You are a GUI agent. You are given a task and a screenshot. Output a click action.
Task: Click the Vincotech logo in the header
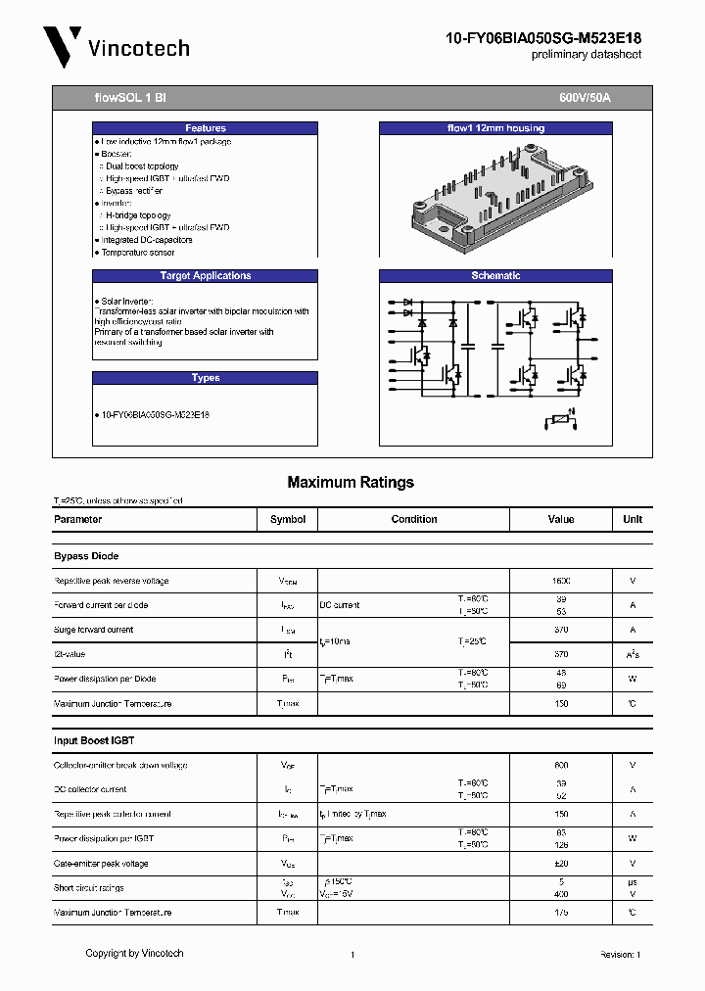(116, 47)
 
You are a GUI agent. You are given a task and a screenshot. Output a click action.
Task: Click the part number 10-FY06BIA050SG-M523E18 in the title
(543, 38)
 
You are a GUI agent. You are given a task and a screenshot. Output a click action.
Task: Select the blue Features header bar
(205, 128)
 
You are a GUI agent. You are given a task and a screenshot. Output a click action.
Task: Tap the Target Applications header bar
(205, 276)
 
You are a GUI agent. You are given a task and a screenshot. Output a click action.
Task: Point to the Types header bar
(205, 378)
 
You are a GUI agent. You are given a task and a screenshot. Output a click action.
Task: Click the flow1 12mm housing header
(495, 128)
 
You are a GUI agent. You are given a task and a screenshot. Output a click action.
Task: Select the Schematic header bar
(495, 276)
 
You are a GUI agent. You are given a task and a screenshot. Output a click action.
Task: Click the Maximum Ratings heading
(351, 482)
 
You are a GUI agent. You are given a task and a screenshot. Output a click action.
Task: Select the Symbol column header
(287, 519)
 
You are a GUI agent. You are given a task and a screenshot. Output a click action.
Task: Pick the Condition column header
(414, 519)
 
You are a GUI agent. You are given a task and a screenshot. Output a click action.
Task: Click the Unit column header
(633, 519)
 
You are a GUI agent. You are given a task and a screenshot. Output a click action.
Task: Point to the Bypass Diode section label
(86, 556)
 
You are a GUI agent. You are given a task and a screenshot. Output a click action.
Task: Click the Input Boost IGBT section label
(94, 740)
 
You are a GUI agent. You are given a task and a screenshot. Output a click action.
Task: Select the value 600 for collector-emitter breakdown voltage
(561, 765)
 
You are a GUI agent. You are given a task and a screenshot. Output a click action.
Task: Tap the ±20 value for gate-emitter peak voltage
(561, 864)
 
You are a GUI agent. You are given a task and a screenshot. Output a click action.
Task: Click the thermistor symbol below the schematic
(558, 420)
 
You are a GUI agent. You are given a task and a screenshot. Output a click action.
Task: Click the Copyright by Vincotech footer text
(134, 953)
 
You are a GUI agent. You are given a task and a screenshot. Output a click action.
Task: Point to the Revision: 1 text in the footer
(620, 955)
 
